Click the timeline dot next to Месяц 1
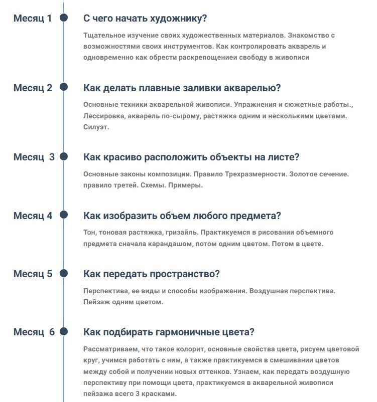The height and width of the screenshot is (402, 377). click(x=64, y=18)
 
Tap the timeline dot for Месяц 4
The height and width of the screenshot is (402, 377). click(x=64, y=216)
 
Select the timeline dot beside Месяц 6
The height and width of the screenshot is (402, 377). click(x=64, y=332)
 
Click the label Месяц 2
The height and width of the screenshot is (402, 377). click(x=33, y=88)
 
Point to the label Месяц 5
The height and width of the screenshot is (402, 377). click(x=33, y=274)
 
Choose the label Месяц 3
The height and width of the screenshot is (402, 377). click(x=34, y=157)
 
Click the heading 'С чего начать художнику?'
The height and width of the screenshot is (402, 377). click(x=145, y=19)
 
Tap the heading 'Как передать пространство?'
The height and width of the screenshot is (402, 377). click(x=152, y=274)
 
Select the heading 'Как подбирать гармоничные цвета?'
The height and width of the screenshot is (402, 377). click(x=169, y=332)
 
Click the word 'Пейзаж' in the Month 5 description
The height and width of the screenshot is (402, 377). click(x=95, y=302)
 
